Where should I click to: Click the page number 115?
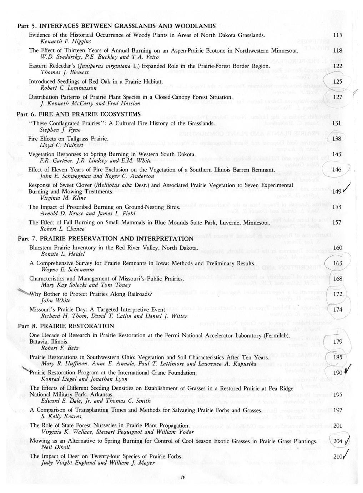[337, 35]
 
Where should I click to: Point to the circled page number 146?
[337, 170]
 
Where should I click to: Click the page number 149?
[337, 192]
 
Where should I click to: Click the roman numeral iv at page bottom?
[182, 477]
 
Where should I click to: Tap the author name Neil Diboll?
[55, 447]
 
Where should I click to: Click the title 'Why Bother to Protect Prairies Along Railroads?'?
[91, 294]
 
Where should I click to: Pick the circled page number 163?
[337, 263]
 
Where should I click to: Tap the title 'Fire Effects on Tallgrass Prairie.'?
[69, 139]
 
